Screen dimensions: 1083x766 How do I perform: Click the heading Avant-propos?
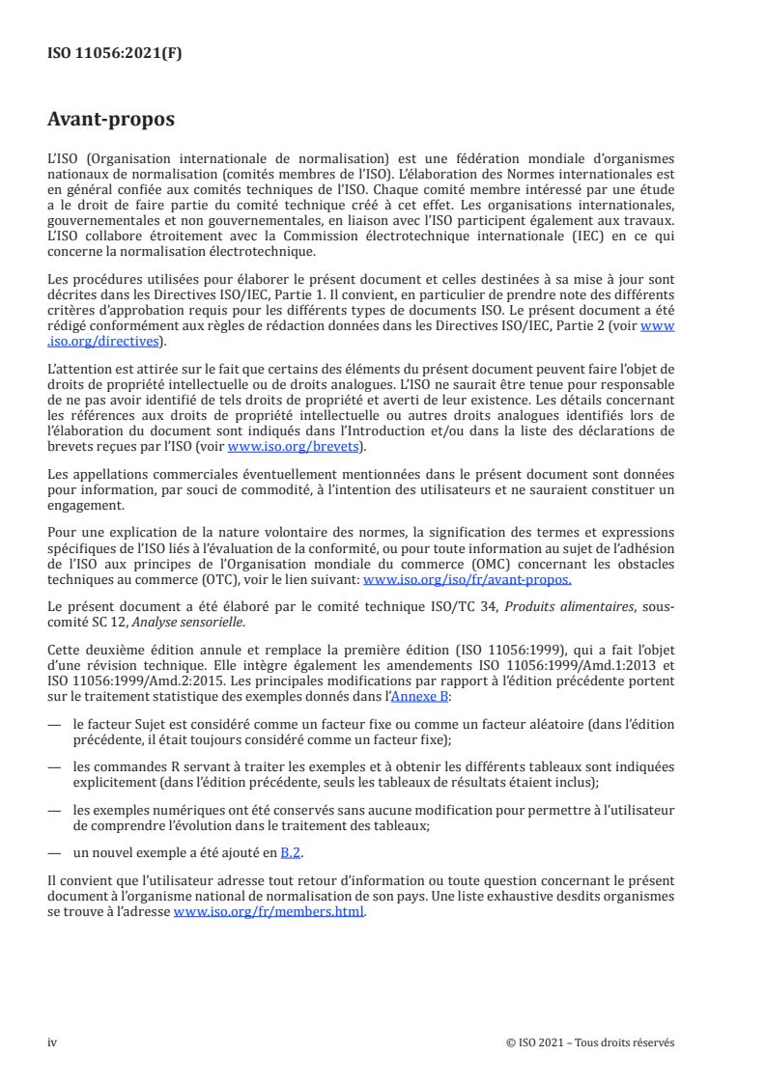point(111,121)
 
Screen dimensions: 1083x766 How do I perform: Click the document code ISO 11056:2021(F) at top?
point(115,54)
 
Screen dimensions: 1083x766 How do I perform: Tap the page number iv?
point(53,1042)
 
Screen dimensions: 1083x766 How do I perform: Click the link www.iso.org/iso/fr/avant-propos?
point(467,581)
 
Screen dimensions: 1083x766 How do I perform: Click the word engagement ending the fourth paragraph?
point(85,504)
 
